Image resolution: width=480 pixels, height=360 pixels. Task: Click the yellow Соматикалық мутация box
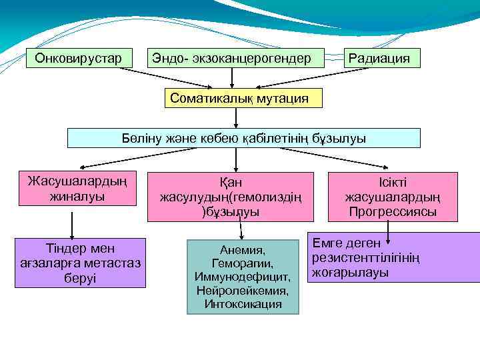click(x=239, y=99)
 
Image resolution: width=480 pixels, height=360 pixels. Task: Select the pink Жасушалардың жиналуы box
click(x=77, y=189)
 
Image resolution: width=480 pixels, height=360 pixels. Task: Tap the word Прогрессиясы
click(x=393, y=212)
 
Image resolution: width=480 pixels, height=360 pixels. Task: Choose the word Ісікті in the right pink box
click(x=393, y=181)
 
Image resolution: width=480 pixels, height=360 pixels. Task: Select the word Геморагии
click(x=243, y=263)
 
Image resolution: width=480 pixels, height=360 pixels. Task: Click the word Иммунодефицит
click(x=243, y=277)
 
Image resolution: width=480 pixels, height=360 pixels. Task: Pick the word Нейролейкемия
click(x=243, y=291)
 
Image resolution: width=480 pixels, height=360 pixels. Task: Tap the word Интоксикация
click(x=243, y=305)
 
